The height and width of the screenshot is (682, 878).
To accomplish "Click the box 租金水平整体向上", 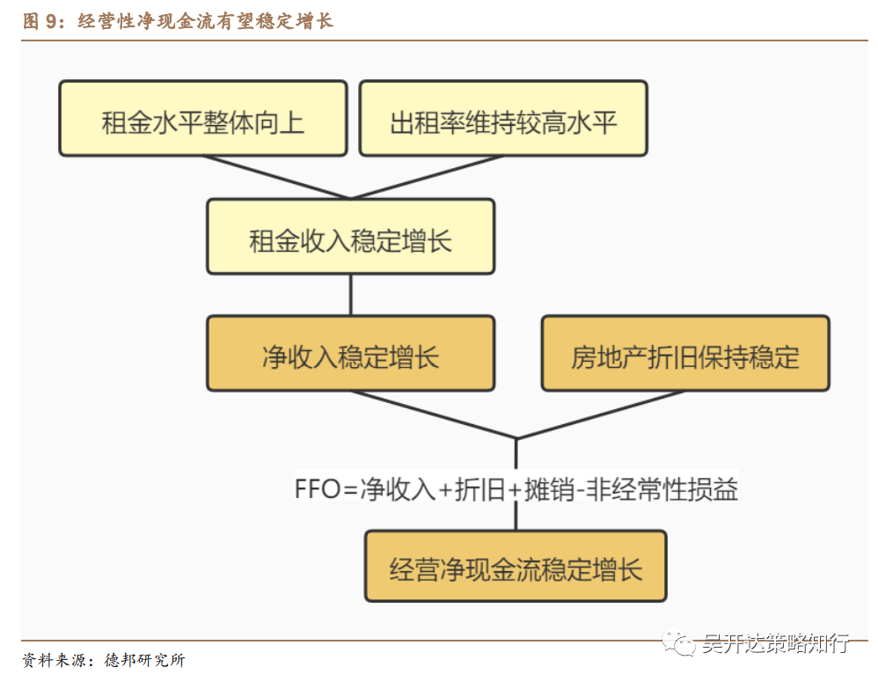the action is [202, 119].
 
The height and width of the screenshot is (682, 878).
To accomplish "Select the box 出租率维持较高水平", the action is [503, 119].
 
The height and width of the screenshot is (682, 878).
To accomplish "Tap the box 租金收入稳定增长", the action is [350, 236].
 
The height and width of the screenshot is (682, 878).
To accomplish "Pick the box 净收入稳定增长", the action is [350, 353].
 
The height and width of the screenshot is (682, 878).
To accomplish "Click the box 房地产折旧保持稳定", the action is [685, 353].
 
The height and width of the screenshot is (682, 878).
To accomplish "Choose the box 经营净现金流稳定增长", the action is [516, 565].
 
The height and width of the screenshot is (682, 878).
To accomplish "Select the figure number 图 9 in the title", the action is [39, 21].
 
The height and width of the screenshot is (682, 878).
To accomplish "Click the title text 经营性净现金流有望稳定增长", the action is [206, 21].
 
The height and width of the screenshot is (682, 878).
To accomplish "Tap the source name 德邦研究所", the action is [144, 660].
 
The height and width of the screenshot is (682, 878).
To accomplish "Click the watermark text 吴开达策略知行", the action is [774, 643].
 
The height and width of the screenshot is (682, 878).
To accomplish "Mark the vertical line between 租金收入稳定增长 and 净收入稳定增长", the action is [350, 295].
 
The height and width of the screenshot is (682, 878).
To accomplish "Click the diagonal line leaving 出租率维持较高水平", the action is [427, 177].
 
